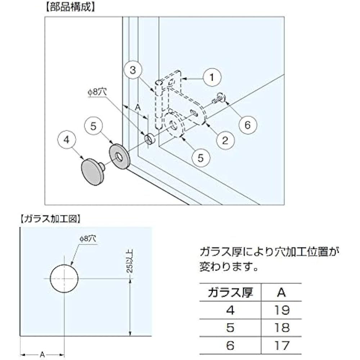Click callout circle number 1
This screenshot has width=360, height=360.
coord(212,77)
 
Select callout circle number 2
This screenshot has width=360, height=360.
coord(225,140)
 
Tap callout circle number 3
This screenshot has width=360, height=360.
coord(133,71)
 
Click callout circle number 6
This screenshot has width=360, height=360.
coord(247,125)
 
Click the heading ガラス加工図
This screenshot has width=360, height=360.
coord(50,218)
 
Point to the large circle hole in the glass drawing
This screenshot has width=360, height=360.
coord(64,279)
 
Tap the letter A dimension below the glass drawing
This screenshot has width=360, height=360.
coord(42,355)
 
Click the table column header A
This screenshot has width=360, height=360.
coord(282,292)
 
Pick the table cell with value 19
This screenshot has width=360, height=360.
coord(282,310)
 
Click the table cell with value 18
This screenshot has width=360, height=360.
coord(282,328)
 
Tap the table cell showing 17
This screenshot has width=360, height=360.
coord(282,346)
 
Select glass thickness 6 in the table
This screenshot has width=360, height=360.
coord(230,346)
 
